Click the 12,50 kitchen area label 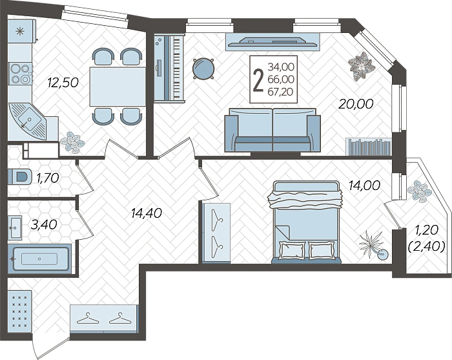coord(63,83)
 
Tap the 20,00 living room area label coord(356,104)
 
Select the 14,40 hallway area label coord(146,213)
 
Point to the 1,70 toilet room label coord(48,178)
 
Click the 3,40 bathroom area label coord(44,225)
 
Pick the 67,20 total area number coord(280,92)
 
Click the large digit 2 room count coord(258,81)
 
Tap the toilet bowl coord(19,176)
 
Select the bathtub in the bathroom coord(39,259)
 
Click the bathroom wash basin coord(15,228)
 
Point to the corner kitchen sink coord(28,121)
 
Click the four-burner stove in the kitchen coord(20,74)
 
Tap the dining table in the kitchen coord(118,87)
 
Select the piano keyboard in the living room coord(169,68)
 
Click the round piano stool coord(203,69)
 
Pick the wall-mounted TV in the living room coord(272,42)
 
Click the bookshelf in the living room coord(369,147)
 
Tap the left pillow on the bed coord(292,251)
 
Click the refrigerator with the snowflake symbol coord(21,31)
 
